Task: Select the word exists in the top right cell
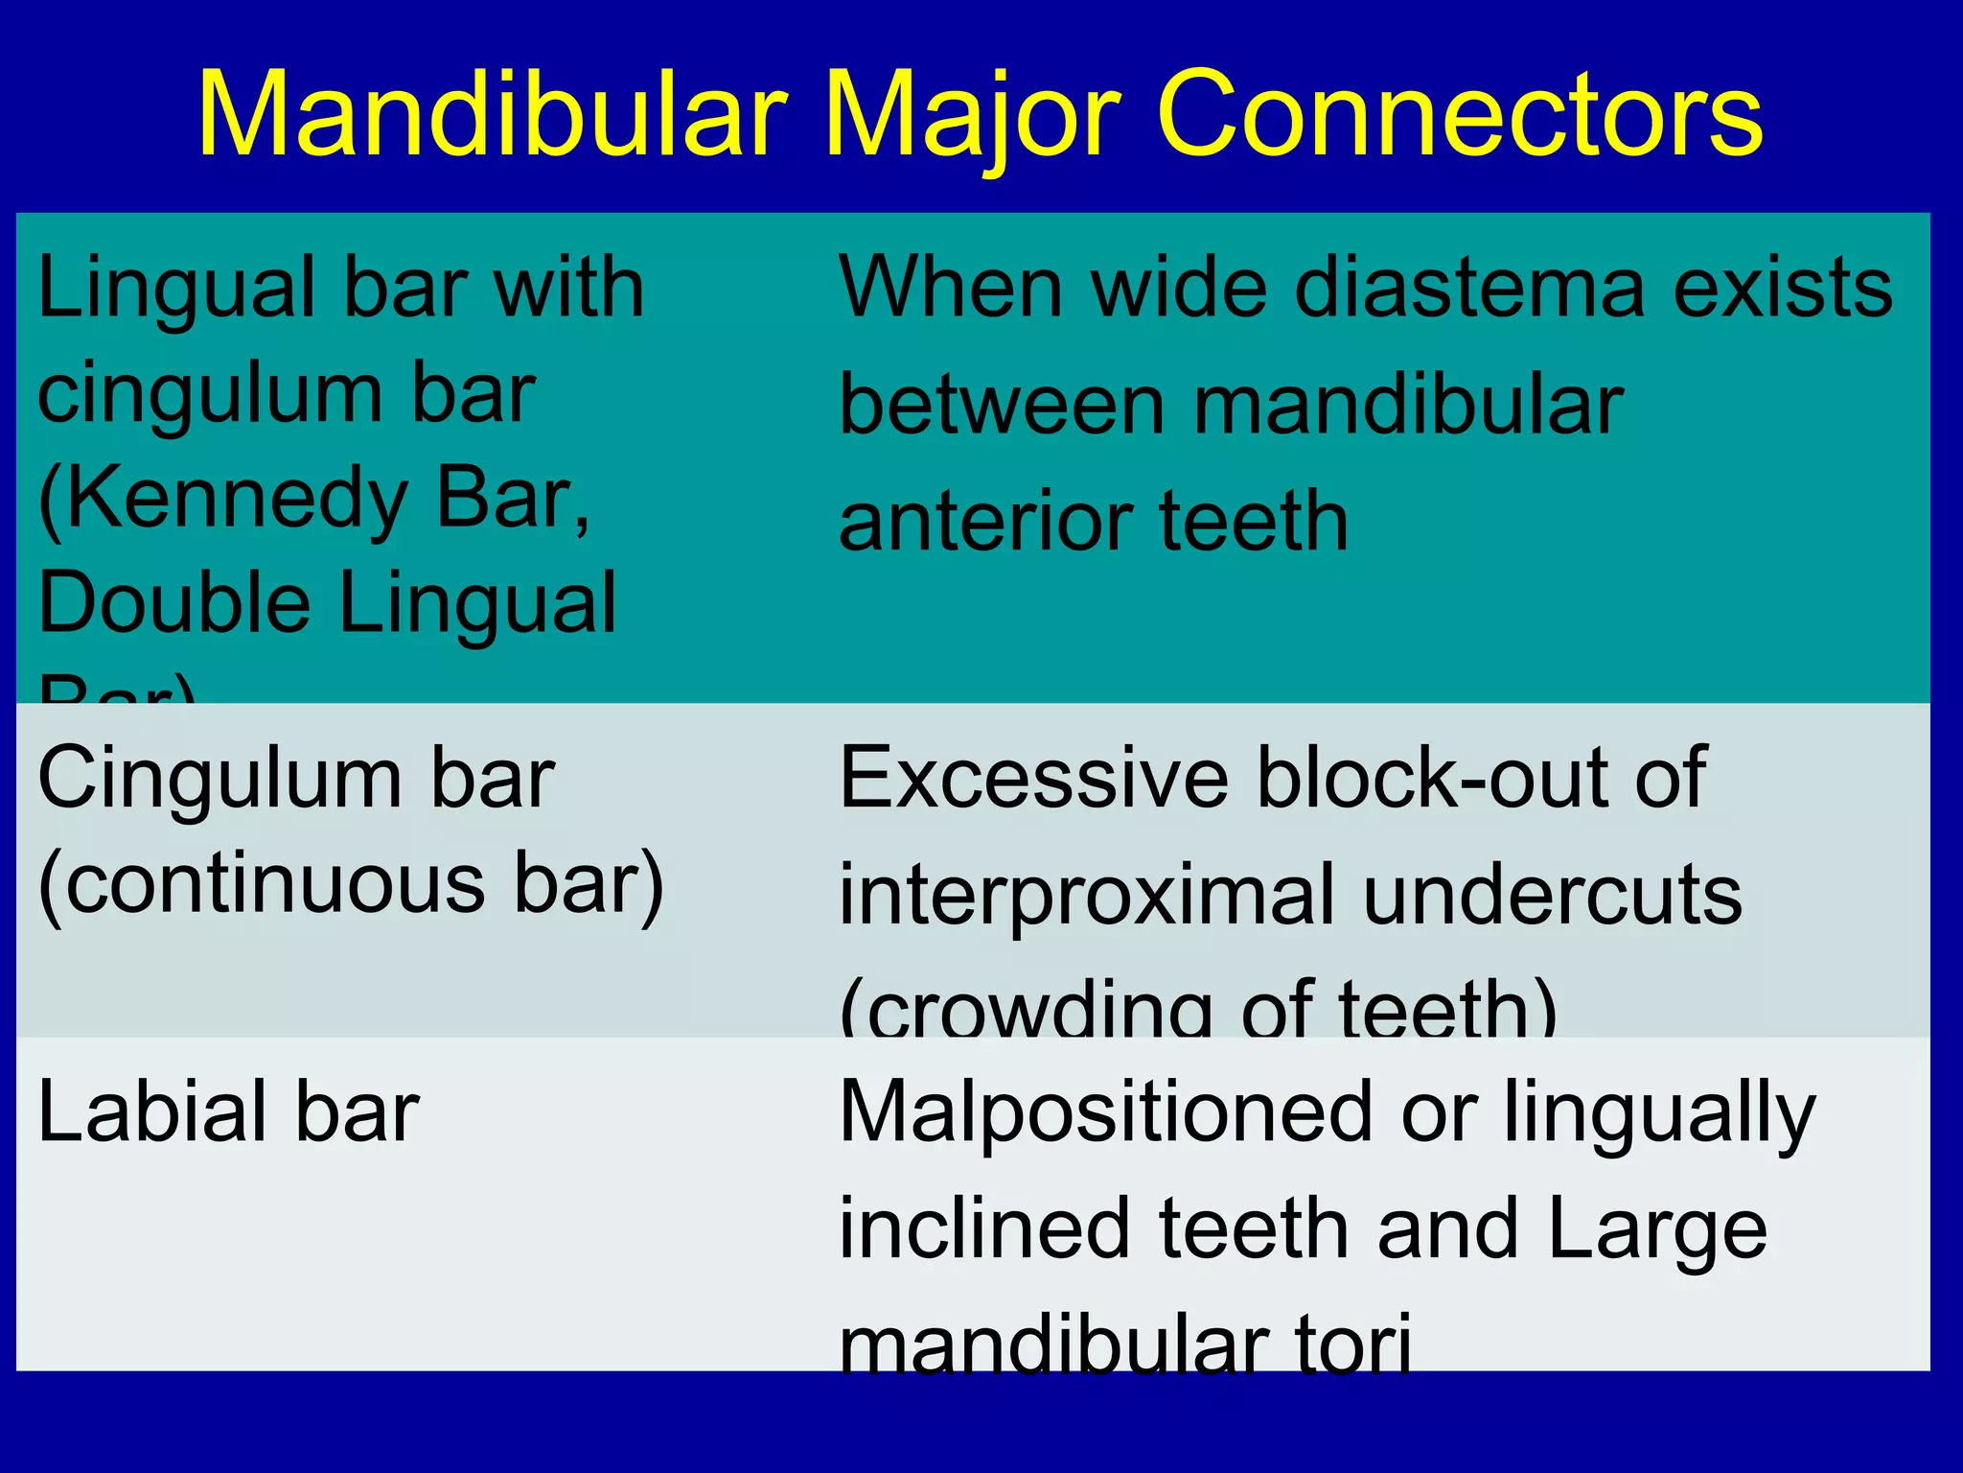coord(1782,289)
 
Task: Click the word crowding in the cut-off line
coord(1035,1013)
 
